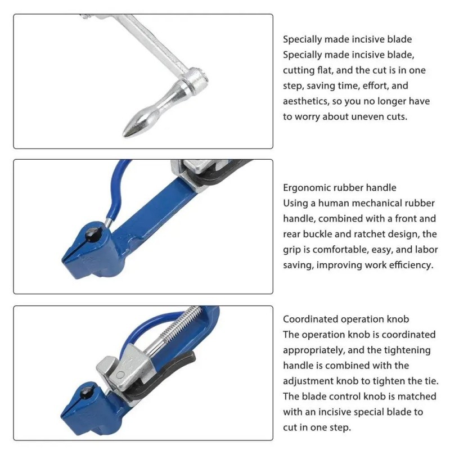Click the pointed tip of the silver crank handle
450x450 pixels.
click(x=124, y=134)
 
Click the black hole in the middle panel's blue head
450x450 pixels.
click(x=93, y=235)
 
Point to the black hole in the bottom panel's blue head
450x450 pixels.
click(x=87, y=393)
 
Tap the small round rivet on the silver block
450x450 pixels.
click(x=121, y=375)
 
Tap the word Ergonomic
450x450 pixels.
click(x=305, y=188)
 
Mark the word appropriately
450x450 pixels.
click(x=313, y=350)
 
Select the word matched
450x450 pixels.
click(x=417, y=397)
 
